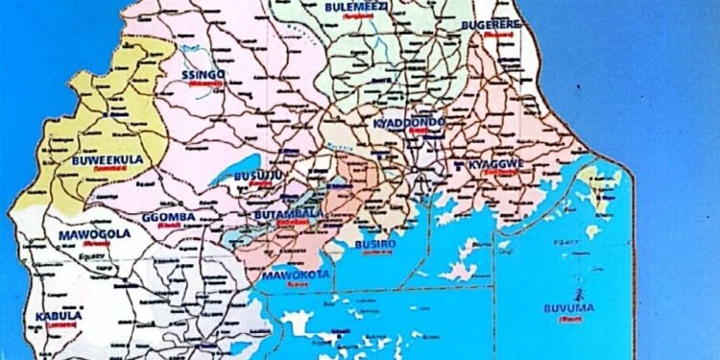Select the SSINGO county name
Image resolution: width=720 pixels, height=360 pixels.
pos(203,75)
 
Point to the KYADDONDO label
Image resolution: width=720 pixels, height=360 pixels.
pos(410,124)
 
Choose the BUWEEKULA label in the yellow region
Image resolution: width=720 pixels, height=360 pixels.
pos(106,161)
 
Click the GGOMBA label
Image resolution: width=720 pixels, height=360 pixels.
pos(168,217)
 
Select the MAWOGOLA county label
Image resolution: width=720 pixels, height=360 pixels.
pos(93,234)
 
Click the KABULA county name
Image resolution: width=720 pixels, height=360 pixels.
pos(59,315)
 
